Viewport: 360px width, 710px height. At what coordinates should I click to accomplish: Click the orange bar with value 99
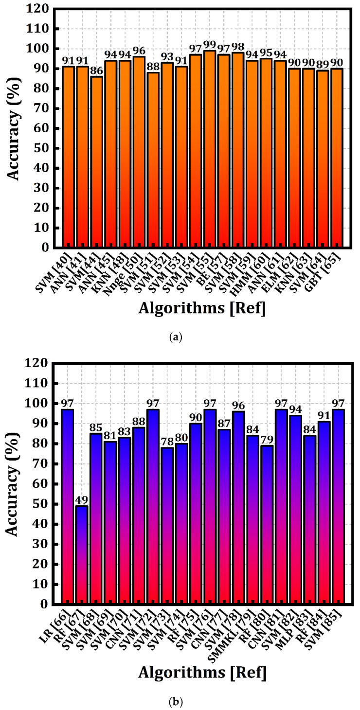click(210, 149)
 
